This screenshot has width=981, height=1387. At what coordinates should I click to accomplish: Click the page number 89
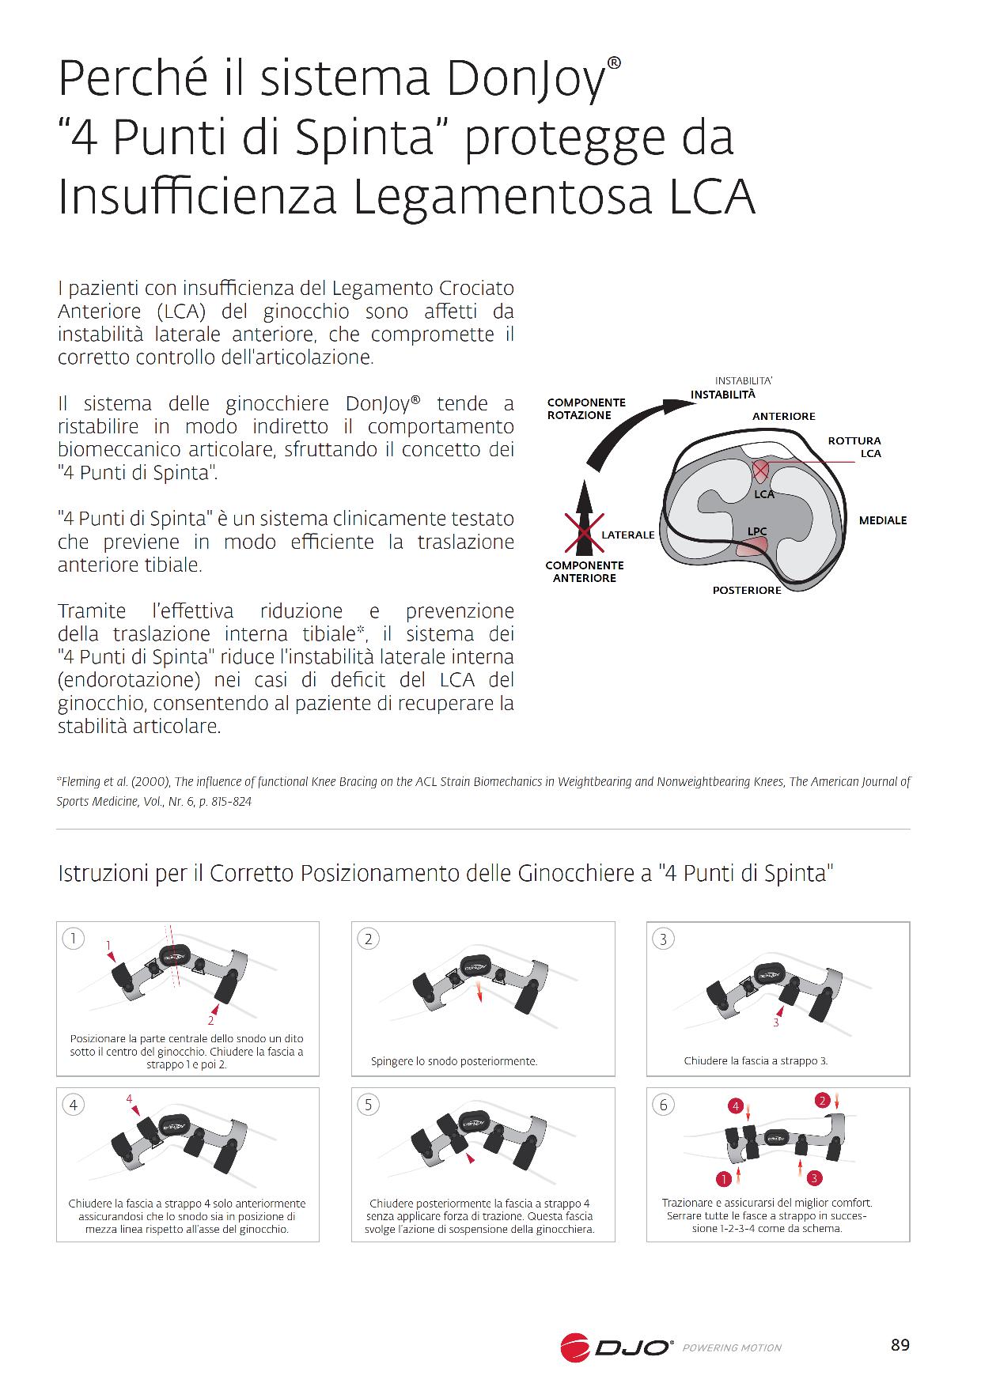pyautogui.click(x=900, y=1345)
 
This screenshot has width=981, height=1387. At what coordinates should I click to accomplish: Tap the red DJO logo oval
pyautogui.click(x=575, y=1347)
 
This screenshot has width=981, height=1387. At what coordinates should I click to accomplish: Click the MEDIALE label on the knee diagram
pyautogui.click(x=883, y=520)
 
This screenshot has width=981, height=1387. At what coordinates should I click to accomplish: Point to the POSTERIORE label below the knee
pyautogui.click(x=747, y=591)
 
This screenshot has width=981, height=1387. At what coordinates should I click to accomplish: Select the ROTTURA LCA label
pyautogui.click(x=854, y=447)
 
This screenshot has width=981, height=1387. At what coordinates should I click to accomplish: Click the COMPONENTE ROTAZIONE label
pyautogui.click(x=586, y=409)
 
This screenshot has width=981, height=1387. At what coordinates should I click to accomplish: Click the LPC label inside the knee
pyautogui.click(x=757, y=531)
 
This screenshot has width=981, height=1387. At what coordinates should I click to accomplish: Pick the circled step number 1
pyautogui.click(x=74, y=939)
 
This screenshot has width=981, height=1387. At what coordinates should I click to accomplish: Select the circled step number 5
pyautogui.click(x=368, y=1105)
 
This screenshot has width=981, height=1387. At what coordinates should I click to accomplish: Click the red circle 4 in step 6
pyautogui.click(x=735, y=1106)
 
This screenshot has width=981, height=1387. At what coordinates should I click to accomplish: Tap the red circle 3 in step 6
pyautogui.click(x=813, y=1179)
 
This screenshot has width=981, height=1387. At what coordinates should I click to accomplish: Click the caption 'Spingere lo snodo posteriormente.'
pyautogui.click(x=454, y=1061)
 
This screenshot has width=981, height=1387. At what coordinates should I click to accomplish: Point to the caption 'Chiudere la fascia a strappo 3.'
pyautogui.click(x=756, y=1060)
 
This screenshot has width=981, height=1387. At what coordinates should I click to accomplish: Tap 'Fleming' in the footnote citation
pyautogui.click(x=80, y=782)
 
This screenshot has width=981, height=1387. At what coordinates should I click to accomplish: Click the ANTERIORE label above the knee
pyautogui.click(x=783, y=417)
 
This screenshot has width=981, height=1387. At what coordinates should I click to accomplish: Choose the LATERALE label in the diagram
pyautogui.click(x=628, y=535)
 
